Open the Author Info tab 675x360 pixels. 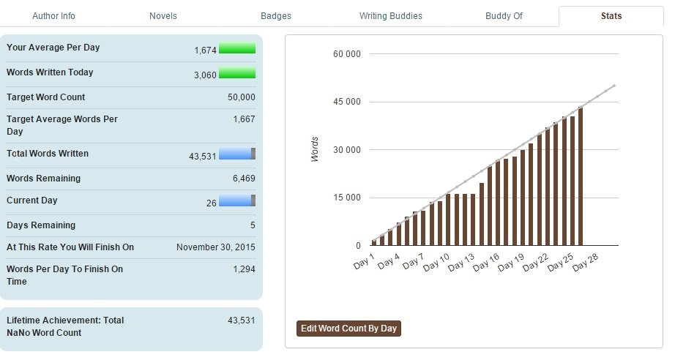coord(53,15)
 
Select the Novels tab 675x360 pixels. coord(163,15)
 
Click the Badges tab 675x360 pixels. coord(275,15)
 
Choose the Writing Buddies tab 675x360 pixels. coord(390,15)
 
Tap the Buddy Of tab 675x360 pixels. coord(504,15)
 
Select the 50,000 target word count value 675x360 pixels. coord(241,97)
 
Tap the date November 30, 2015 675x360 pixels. coord(215,247)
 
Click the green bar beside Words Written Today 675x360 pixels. coord(237,73)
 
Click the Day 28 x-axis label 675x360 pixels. coord(586,263)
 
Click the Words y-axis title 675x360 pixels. coord(315,149)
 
